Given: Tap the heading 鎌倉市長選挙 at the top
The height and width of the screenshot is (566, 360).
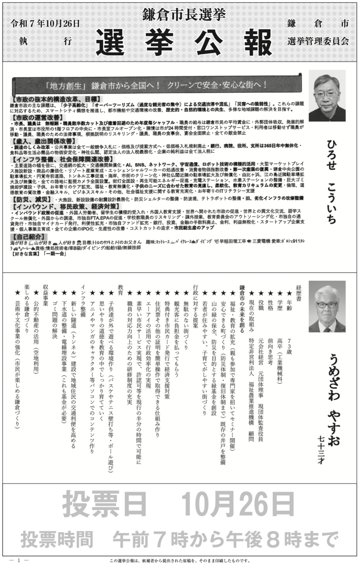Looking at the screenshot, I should tap(180, 15).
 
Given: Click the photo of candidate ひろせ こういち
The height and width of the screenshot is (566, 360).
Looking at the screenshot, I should tap(327, 96).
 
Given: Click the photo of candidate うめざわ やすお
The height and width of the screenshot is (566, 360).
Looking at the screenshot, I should tap(327, 307).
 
